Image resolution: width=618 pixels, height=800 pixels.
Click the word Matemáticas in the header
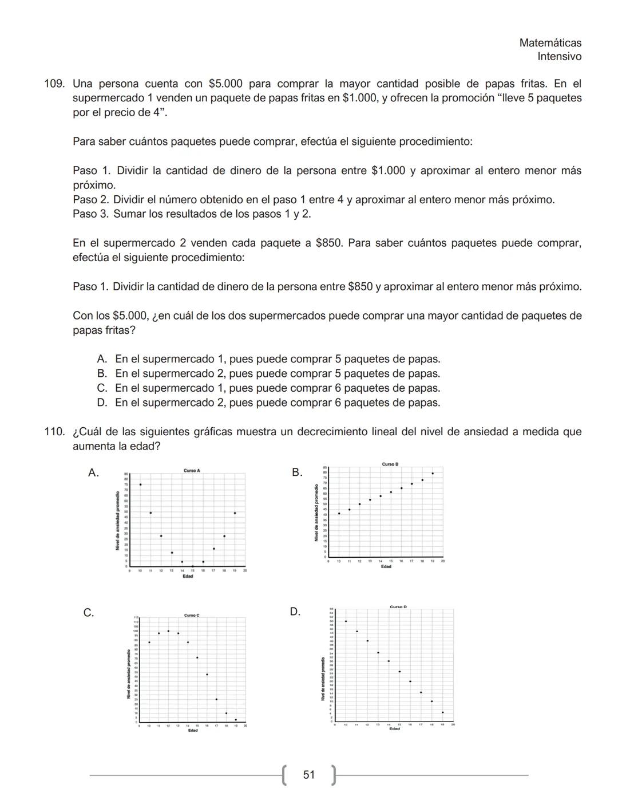pos(550,43)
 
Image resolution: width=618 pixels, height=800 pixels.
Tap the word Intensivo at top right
pos(559,57)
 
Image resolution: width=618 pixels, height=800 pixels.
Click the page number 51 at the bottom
pos(309,775)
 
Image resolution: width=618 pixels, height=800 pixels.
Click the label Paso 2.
pos(90,200)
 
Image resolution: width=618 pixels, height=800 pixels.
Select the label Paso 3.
pos(90,214)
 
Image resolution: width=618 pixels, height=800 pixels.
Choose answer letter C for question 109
pos(102,388)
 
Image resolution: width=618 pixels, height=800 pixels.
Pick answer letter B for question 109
pos(102,374)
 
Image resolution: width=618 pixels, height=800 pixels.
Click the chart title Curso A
pos(192,471)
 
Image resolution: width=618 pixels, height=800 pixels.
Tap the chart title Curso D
pos(398,606)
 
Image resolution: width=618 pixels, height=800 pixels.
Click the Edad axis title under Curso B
pos(386,566)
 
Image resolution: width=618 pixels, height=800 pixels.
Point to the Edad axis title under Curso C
pos(193,730)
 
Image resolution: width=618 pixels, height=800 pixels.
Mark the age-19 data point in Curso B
pos(433,474)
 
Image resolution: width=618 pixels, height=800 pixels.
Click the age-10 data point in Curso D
pos(346,621)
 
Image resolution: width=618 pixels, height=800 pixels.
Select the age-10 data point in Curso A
pos(140,484)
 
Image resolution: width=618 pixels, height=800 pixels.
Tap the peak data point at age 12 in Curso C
pos(168,631)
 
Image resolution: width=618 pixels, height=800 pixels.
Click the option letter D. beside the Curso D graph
pos(295,612)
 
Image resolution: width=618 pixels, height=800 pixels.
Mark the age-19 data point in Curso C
pos(235,720)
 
